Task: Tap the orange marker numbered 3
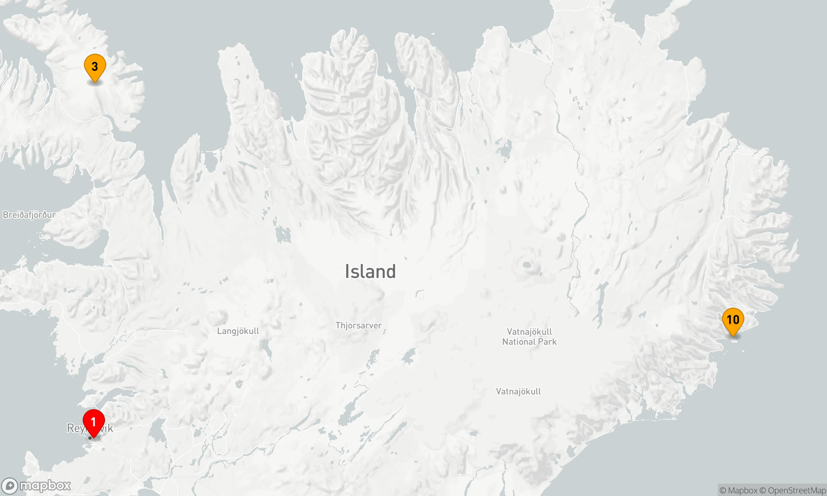click(x=95, y=67)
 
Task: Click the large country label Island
click(x=370, y=272)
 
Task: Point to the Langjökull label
click(x=238, y=331)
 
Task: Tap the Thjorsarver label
click(x=359, y=326)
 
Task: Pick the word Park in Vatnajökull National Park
click(x=547, y=342)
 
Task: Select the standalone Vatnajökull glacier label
click(x=518, y=391)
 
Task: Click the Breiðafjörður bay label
click(x=29, y=215)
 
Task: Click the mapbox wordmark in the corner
click(x=45, y=486)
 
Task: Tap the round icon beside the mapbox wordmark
click(x=10, y=486)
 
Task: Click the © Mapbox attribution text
click(x=738, y=491)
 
